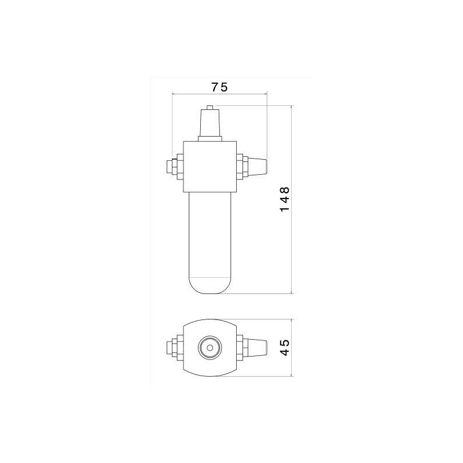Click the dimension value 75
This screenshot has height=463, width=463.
coord(220,87)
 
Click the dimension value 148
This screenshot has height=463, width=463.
coord(285,199)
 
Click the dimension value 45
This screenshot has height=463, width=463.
coord(285,348)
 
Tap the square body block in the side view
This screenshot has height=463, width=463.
coord(210,167)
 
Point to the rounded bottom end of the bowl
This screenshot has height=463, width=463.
coord(210,286)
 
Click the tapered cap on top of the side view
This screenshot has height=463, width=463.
coord(210,123)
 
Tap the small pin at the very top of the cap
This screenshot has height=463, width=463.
coord(210,107)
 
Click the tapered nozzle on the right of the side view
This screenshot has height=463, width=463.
coord(257,167)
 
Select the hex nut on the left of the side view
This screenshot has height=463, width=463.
coord(178,167)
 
